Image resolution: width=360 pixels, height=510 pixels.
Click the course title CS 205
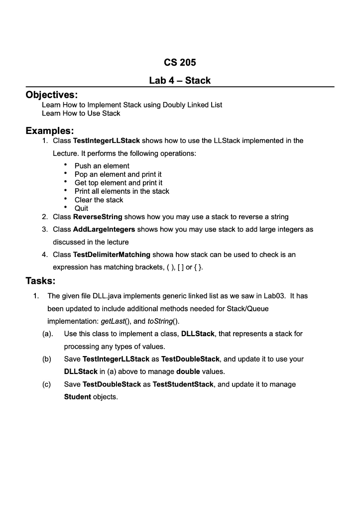click(180, 63)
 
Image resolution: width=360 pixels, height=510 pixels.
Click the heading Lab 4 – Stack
click(180, 80)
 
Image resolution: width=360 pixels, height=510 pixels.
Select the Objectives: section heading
click(52, 95)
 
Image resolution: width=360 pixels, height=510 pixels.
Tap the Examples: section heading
click(50, 131)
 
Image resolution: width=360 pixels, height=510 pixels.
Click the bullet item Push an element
click(102, 166)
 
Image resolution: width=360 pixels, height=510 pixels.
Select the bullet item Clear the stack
click(99, 200)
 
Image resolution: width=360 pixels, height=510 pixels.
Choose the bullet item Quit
click(81, 208)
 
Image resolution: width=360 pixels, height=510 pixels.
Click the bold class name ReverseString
click(98, 217)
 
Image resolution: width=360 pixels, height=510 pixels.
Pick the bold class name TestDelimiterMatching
click(112, 255)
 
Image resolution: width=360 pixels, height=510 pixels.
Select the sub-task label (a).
click(48, 334)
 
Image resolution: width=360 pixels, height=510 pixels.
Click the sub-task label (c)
click(47, 384)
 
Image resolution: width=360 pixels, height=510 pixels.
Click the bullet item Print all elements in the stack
click(121, 191)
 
